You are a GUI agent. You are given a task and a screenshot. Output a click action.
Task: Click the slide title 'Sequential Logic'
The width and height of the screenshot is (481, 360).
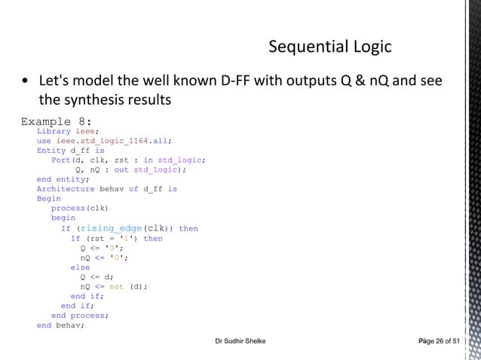(329, 47)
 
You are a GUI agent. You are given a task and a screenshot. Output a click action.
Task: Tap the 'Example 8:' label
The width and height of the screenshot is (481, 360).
(57, 121)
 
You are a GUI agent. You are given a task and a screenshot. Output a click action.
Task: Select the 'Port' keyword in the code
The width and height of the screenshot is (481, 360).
(61, 160)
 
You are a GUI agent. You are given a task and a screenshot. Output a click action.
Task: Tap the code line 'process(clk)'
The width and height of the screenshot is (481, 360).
(80, 209)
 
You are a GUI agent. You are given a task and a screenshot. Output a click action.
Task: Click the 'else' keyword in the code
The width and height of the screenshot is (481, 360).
(80, 267)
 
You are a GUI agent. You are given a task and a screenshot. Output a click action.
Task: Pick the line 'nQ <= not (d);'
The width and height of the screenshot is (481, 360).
(114, 287)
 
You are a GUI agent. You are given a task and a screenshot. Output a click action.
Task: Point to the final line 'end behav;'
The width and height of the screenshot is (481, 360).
(61, 326)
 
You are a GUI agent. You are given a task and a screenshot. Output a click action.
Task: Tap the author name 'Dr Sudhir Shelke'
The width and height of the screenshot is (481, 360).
(240, 343)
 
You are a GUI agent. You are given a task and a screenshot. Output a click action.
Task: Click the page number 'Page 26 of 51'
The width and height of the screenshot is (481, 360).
(437, 343)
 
